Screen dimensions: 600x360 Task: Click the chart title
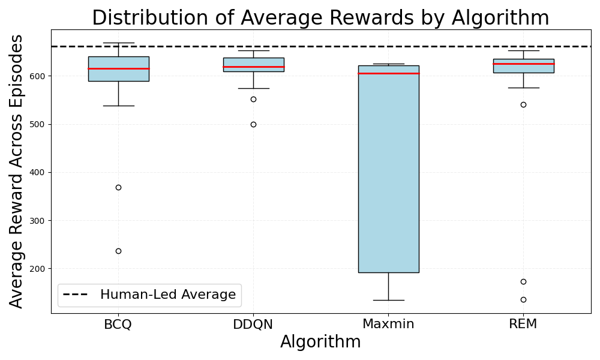pyautogui.click(x=320, y=17)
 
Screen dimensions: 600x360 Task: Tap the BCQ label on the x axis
pyautogui.click(x=118, y=324)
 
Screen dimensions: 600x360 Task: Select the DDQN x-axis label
pyautogui.click(x=253, y=324)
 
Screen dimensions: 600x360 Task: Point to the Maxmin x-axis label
pyautogui.click(x=388, y=324)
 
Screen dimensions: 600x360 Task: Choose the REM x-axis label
pyautogui.click(x=523, y=324)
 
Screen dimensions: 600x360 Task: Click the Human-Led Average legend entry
pyautogui.click(x=149, y=295)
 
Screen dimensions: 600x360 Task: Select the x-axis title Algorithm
pyautogui.click(x=320, y=341)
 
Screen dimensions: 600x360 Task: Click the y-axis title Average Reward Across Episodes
pyautogui.click(x=16, y=171)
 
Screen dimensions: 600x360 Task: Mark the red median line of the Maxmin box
pyautogui.click(x=388, y=73)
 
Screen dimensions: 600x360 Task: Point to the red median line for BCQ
pyautogui.click(x=119, y=68)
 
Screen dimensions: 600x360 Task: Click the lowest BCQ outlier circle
pyautogui.click(x=119, y=251)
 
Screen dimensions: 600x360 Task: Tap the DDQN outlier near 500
pyautogui.click(x=253, y=124)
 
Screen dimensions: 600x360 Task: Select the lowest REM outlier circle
pyautogui.click(x=523, y=299)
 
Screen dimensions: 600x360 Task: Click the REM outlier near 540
pyautogui.click(x=523, y=104)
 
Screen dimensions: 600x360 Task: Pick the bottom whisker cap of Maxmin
pyautogui.click(x=388, y=301)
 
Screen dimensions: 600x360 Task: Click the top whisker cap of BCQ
pyautogui.click(x=119, y=43)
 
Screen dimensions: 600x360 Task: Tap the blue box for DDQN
pyautogui.click(x=253, y=65)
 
